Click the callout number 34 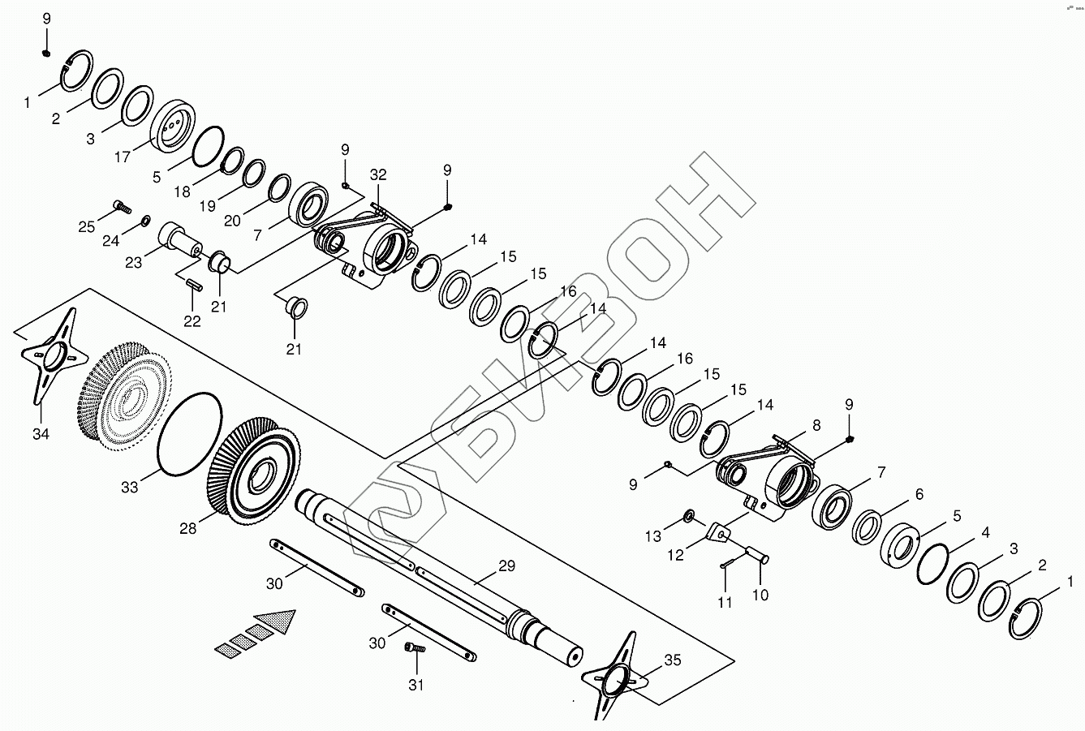(x=41, y=434)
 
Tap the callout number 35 (x=673, y=660)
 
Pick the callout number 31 (x=415, y=684)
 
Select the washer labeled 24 (x=145, y=220)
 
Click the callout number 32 (x=378, y=174)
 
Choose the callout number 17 (x=122, y=157)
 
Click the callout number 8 (x=816, y=424)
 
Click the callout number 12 (x=675, y=555)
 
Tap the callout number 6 (x=919, y=494)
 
